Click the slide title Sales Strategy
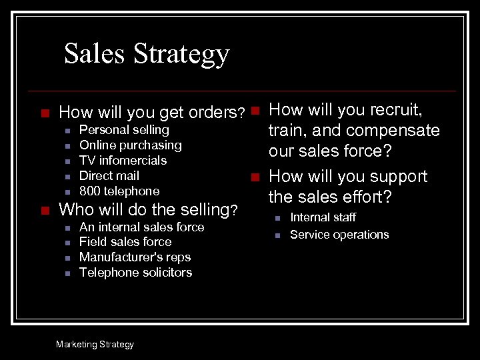pyautogui.click(x=147, y=53)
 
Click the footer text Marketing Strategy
pyautogui.click(x=95, y=345)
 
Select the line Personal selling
pyautogui.click(x=124, y=130)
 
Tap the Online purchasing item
pyautogui.click(x=130, y=145)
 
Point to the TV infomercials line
pyautogui.click(x=123, y=161)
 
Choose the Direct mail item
pyautogui.click(x=109, y=176)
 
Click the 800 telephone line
pyautogui.click(x=119, y=191)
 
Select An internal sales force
pyautogui.click(x=141, y=227)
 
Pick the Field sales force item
pyautogui.click(x=125, y=242)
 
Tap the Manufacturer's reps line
pyautogui.click(x=135, y=257)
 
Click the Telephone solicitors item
pyautogui.click(x=135, y=273)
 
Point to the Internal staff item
pyautogui.click(x=323, y=217)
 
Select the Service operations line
pyautogui.click(x=339, y=235)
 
